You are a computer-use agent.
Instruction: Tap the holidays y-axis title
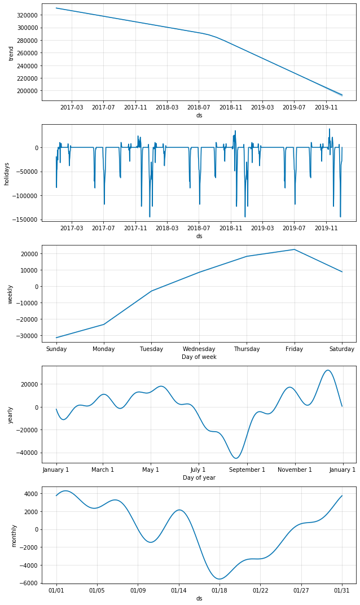pyautogui.click(x=7, y=173)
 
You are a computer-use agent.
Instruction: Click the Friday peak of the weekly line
pyautogui.click(x=294, y=249)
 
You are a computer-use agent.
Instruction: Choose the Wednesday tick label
pyautogui.click(x=199, y=349)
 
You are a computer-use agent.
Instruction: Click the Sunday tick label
pyautogui.click(x=56, y=349)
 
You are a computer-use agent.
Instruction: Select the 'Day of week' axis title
pyautogui.click(x=199, y=357)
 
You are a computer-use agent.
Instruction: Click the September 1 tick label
pyautogui.click(x=247, y=470)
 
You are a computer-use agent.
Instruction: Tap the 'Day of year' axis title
pyautogui.click(x=199, y=477)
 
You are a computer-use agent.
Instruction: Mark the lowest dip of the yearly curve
pyautogui.click(x=236, y=458)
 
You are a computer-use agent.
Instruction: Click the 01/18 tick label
pyautogui.click(x=219, y=590)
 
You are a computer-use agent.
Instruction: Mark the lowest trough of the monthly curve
pyautogui.click(x=219, y=579)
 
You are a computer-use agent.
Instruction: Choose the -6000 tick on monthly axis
pyautogui.click(x=29, y=583)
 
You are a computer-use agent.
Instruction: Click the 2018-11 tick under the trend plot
pyautogui.click(x=230, y=107)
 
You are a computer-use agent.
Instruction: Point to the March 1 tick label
pyautogui.click(x=103, y=470)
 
